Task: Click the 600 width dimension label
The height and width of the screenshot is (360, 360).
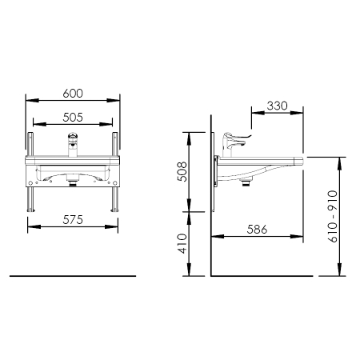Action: (73, 94)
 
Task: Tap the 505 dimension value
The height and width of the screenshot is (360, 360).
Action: (73, 118)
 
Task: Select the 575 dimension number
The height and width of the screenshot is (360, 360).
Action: (73, 220)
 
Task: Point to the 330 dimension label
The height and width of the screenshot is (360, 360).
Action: (278, 106)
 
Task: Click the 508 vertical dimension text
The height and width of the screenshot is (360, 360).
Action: (182, 172)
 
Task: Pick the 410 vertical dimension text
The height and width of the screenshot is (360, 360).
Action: (182, 243)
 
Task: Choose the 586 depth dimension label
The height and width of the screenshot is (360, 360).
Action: (257, 230)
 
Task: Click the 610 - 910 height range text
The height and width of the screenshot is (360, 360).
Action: (333, 216)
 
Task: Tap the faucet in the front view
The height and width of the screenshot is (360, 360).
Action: (73, 145)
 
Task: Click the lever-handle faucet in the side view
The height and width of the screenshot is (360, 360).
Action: (234, 144)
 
